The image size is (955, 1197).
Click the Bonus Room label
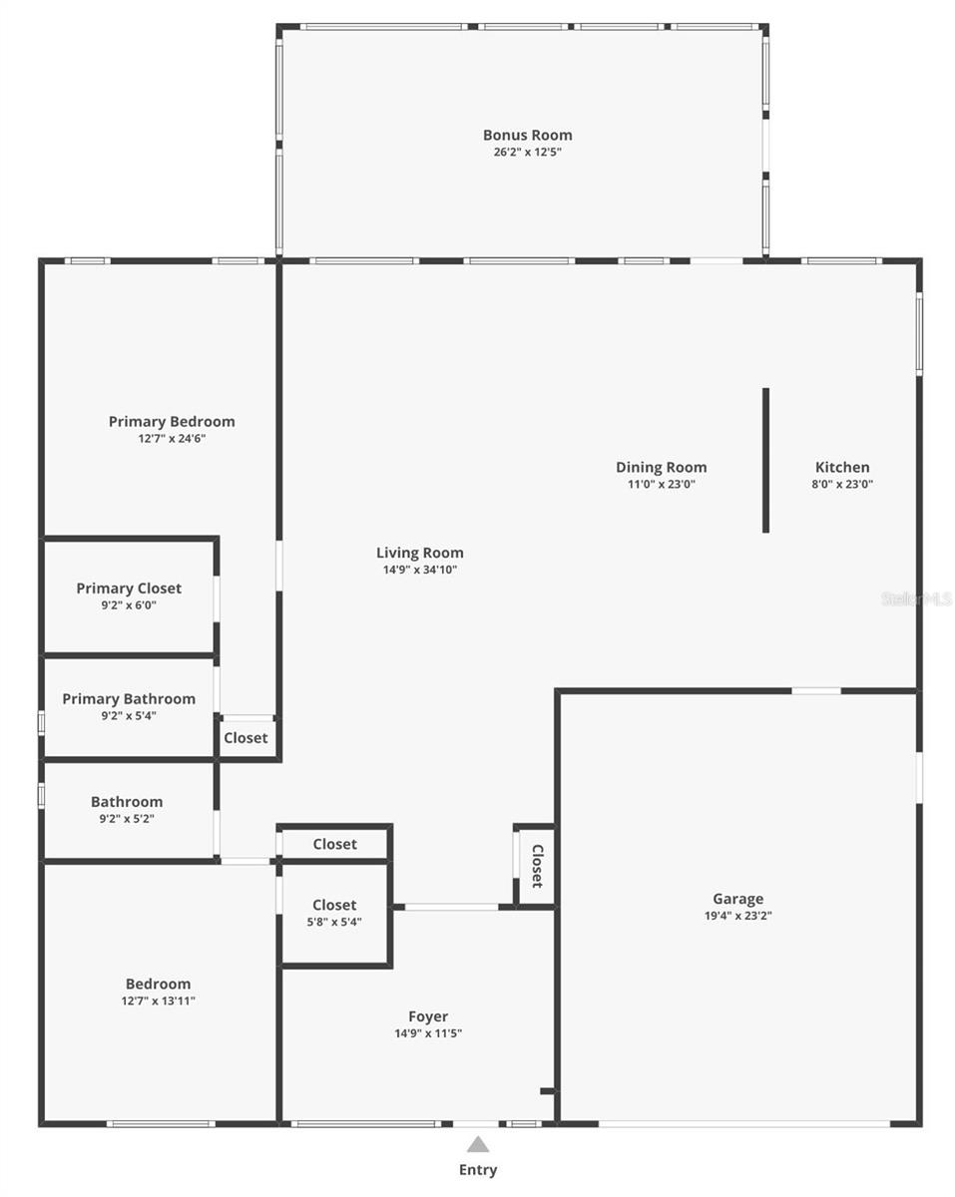tap(527, 135)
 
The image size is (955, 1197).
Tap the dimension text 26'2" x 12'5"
tap(527, 153)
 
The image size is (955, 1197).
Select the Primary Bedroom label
tap(172, 421)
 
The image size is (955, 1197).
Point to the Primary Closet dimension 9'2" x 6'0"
tap(129, 605)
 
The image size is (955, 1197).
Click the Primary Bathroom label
tap(129, 698)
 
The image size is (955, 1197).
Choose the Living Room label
tap(419, 553)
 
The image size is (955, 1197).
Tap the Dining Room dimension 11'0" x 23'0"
tap(661, 485)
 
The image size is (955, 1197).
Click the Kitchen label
tap(842, 467)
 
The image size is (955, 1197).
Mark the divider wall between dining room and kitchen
tap(765, 460)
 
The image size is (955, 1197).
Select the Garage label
tap(737, 898)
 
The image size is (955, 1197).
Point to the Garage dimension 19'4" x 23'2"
tap(737, 916)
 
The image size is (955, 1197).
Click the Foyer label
tap(427, 1016)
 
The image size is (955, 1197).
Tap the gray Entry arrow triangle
tap(478, 1144)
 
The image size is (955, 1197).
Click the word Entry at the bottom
tap(478, 1170)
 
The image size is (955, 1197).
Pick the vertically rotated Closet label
tap(537, 866)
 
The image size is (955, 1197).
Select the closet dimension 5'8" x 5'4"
tap(334, 923)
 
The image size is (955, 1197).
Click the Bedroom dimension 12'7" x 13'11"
tap(158, 1001)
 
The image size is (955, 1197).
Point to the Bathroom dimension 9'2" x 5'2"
tap(127, 819)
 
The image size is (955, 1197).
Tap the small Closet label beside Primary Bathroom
tap(245, 738)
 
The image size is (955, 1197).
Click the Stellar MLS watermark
tap(916, 598)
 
